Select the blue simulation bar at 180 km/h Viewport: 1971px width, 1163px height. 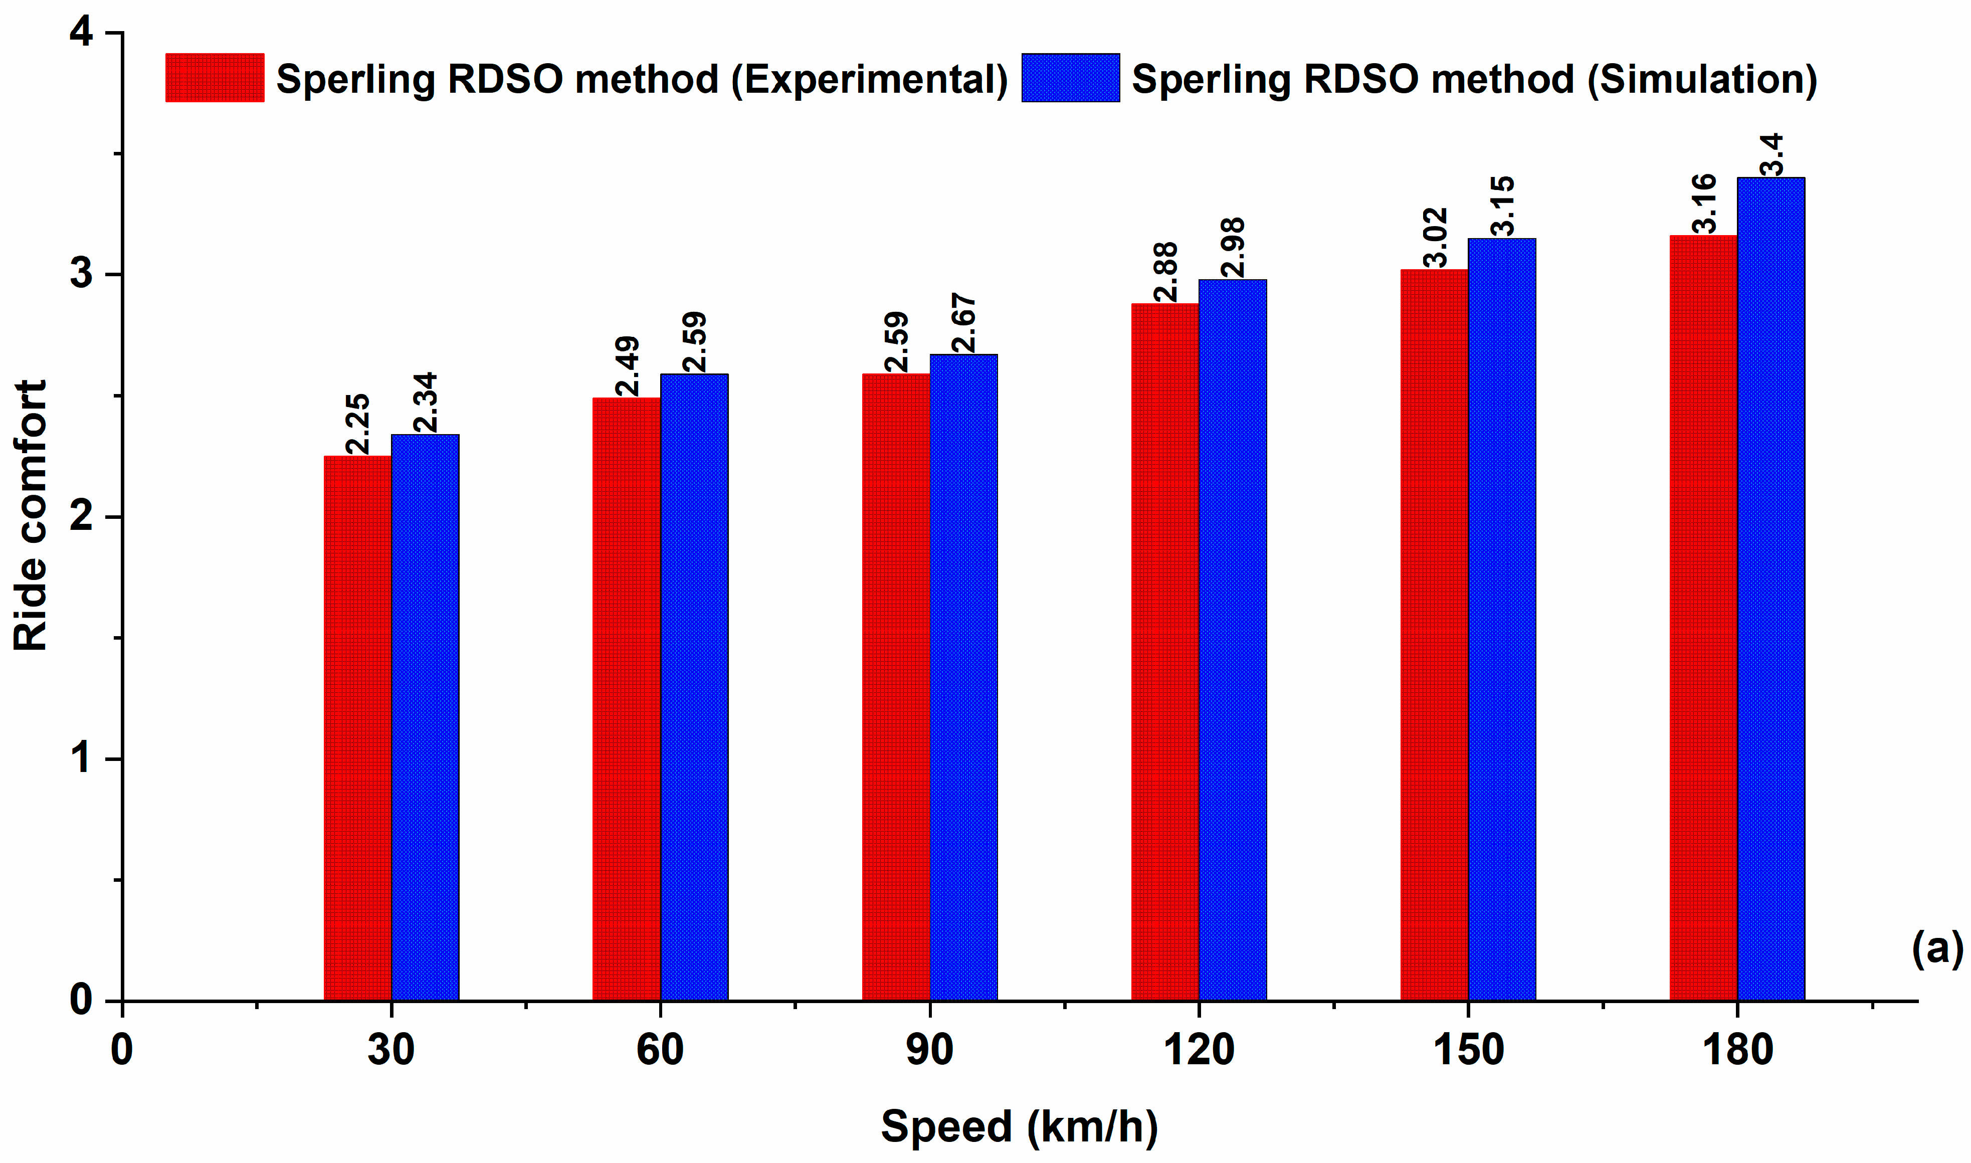(1770, 589)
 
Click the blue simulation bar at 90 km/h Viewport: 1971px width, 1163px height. (963, 677)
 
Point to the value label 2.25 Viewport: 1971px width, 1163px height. (357, 424)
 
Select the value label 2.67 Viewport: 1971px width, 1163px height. (963, 323)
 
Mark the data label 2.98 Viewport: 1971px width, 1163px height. (1232, 248)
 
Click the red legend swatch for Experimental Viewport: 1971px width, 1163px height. (215, 78)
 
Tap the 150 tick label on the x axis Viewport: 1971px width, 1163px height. (1468, 1050)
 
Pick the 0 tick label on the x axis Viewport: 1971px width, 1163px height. (121, 1050)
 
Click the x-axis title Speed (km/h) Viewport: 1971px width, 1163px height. (1019, 1126)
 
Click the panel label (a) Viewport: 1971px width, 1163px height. (1936, 948)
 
